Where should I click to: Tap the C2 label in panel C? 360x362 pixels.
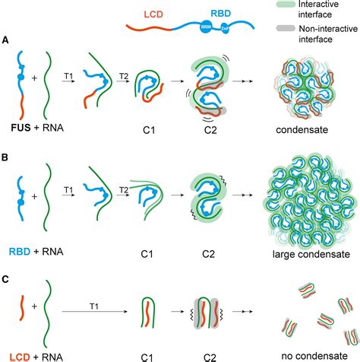(201, 355)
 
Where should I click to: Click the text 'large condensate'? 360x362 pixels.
(312, 247)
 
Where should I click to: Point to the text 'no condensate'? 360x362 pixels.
(311, 355)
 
